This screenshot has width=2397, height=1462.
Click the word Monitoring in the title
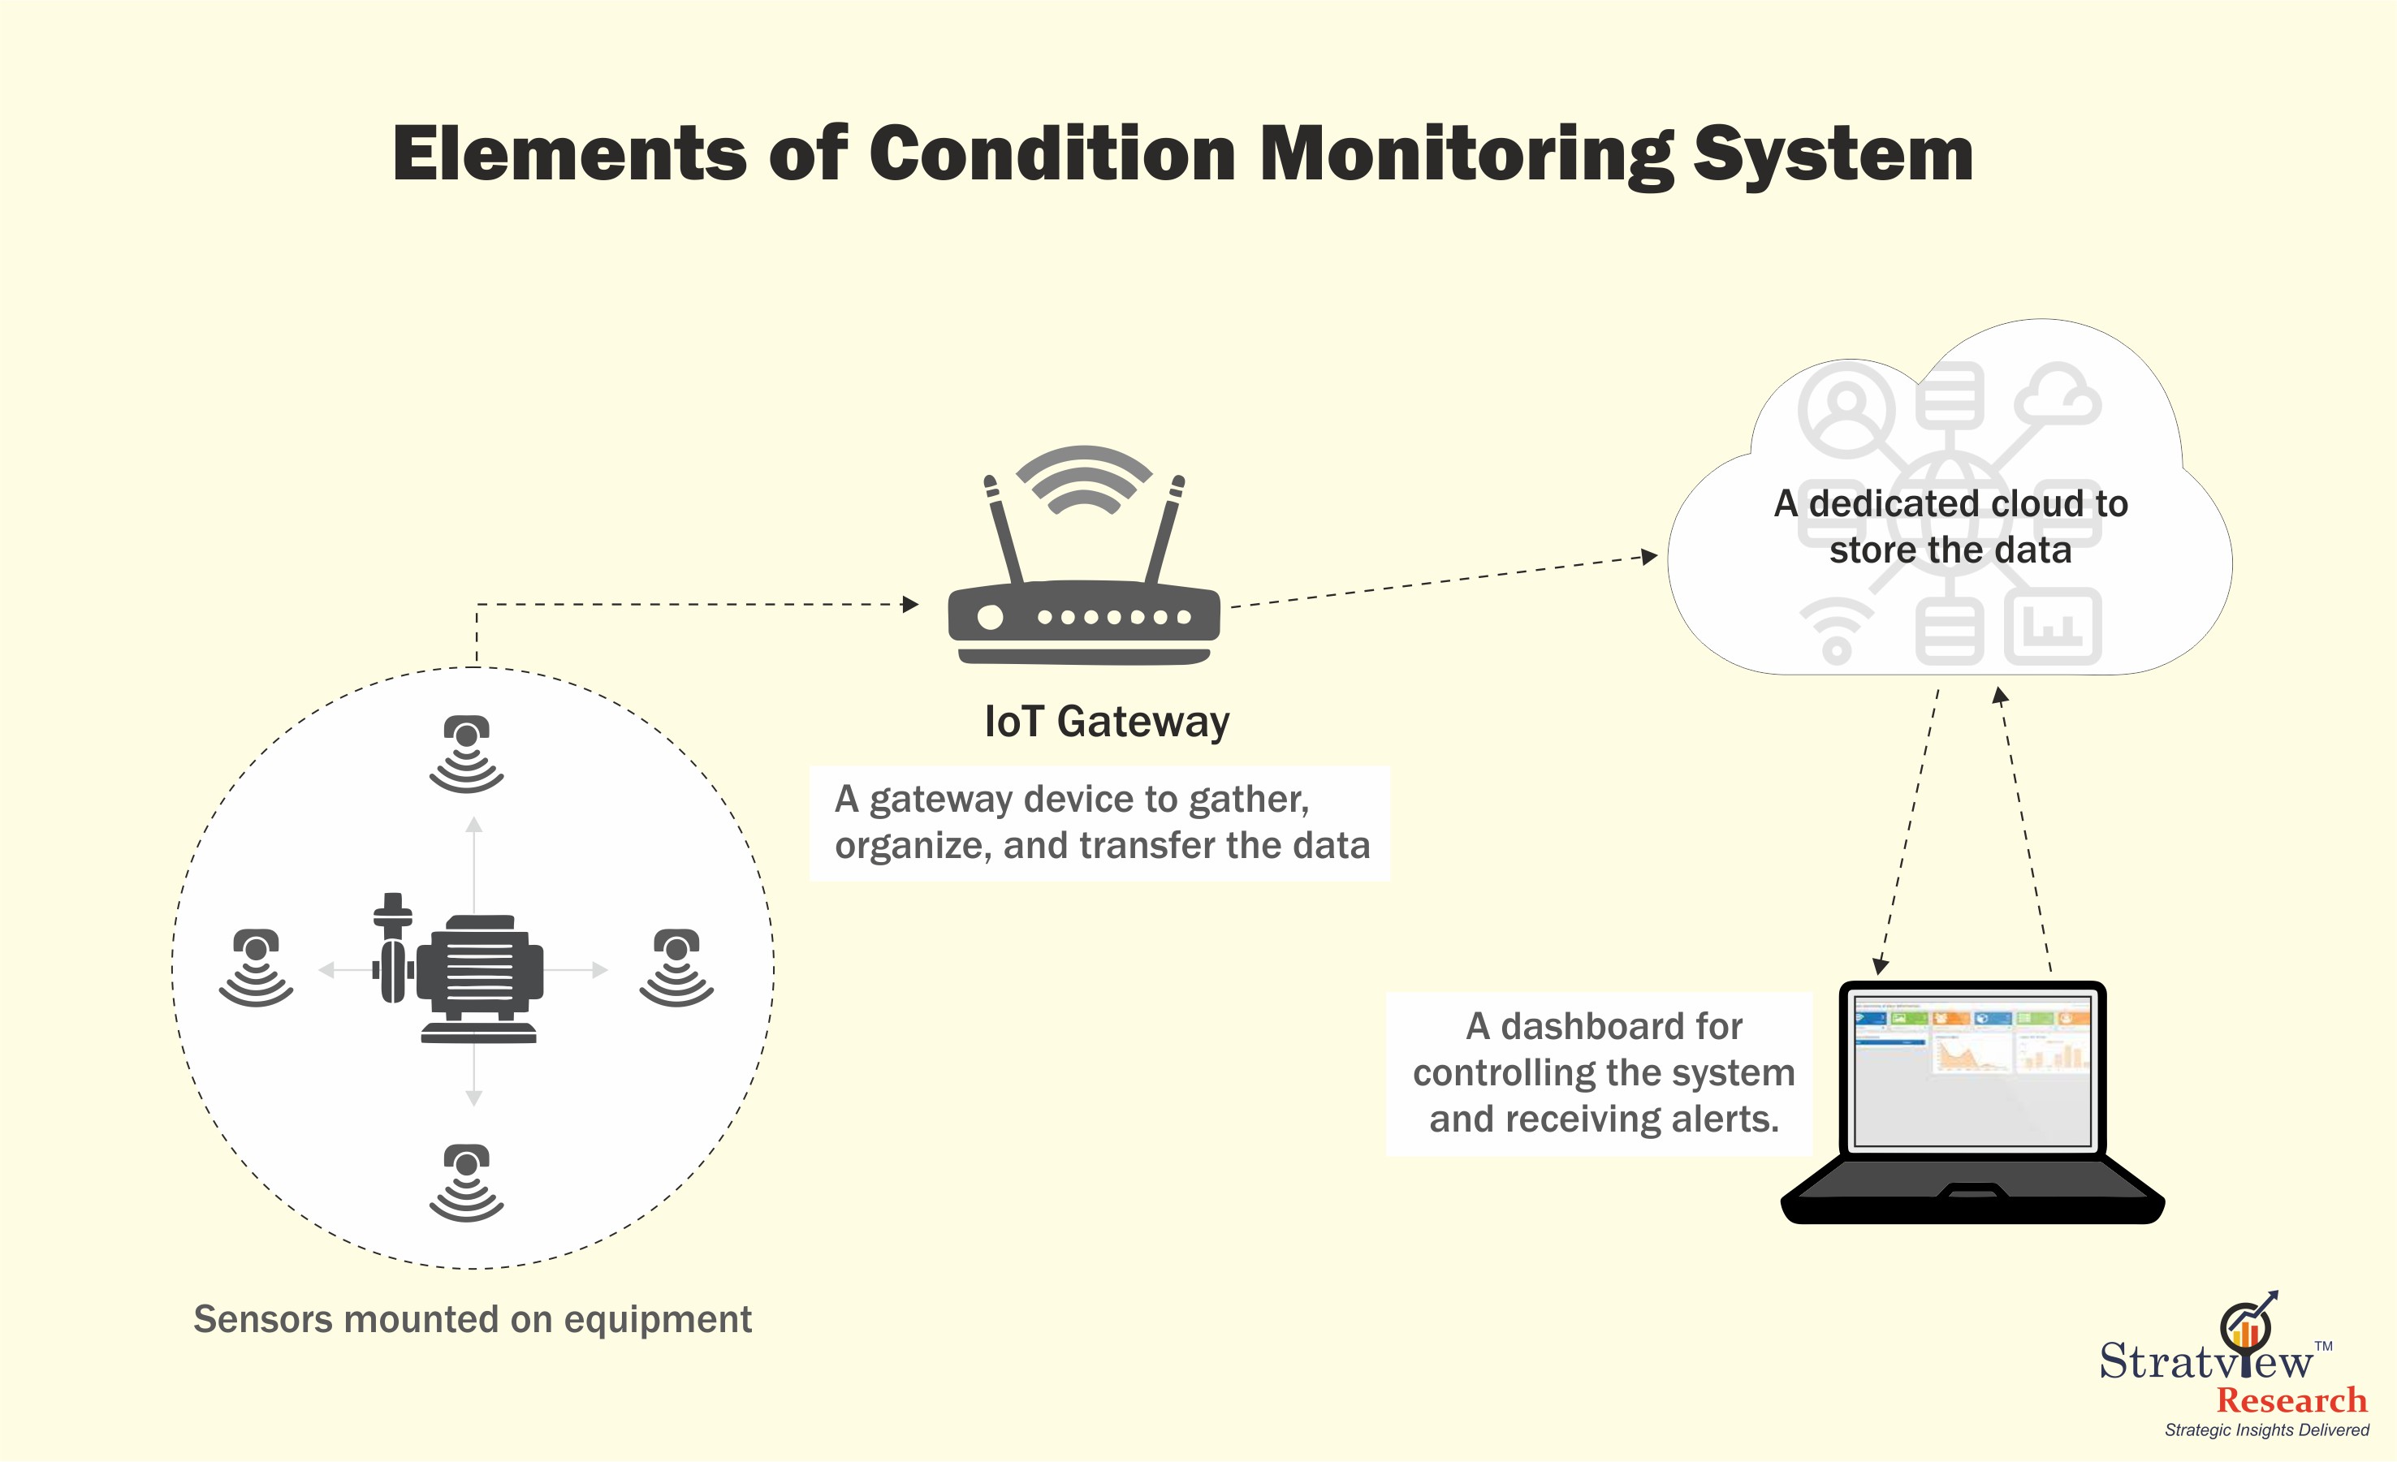(1466, 155)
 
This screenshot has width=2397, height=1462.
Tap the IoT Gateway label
(1106, 722)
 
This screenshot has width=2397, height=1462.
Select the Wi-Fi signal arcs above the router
(1084, 479)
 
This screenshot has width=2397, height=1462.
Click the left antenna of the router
(1004, 529)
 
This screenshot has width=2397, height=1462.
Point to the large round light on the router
(989, 617)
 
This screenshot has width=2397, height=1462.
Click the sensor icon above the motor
(467, 754)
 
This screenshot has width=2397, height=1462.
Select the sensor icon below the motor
(467, 1182)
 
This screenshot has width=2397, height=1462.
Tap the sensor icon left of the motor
(256, 967)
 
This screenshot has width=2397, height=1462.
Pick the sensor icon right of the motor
(677, 967)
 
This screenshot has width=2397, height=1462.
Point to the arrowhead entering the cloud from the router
(1649, 556)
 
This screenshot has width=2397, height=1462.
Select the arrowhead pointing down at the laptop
(1881, 966)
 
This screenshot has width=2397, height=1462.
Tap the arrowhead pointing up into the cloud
(1999, 696)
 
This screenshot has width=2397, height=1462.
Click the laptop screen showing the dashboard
(1972, 1070)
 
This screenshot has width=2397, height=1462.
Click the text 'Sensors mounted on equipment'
(473, 1320)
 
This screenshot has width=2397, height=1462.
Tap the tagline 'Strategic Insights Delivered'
(2266, 1430)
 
